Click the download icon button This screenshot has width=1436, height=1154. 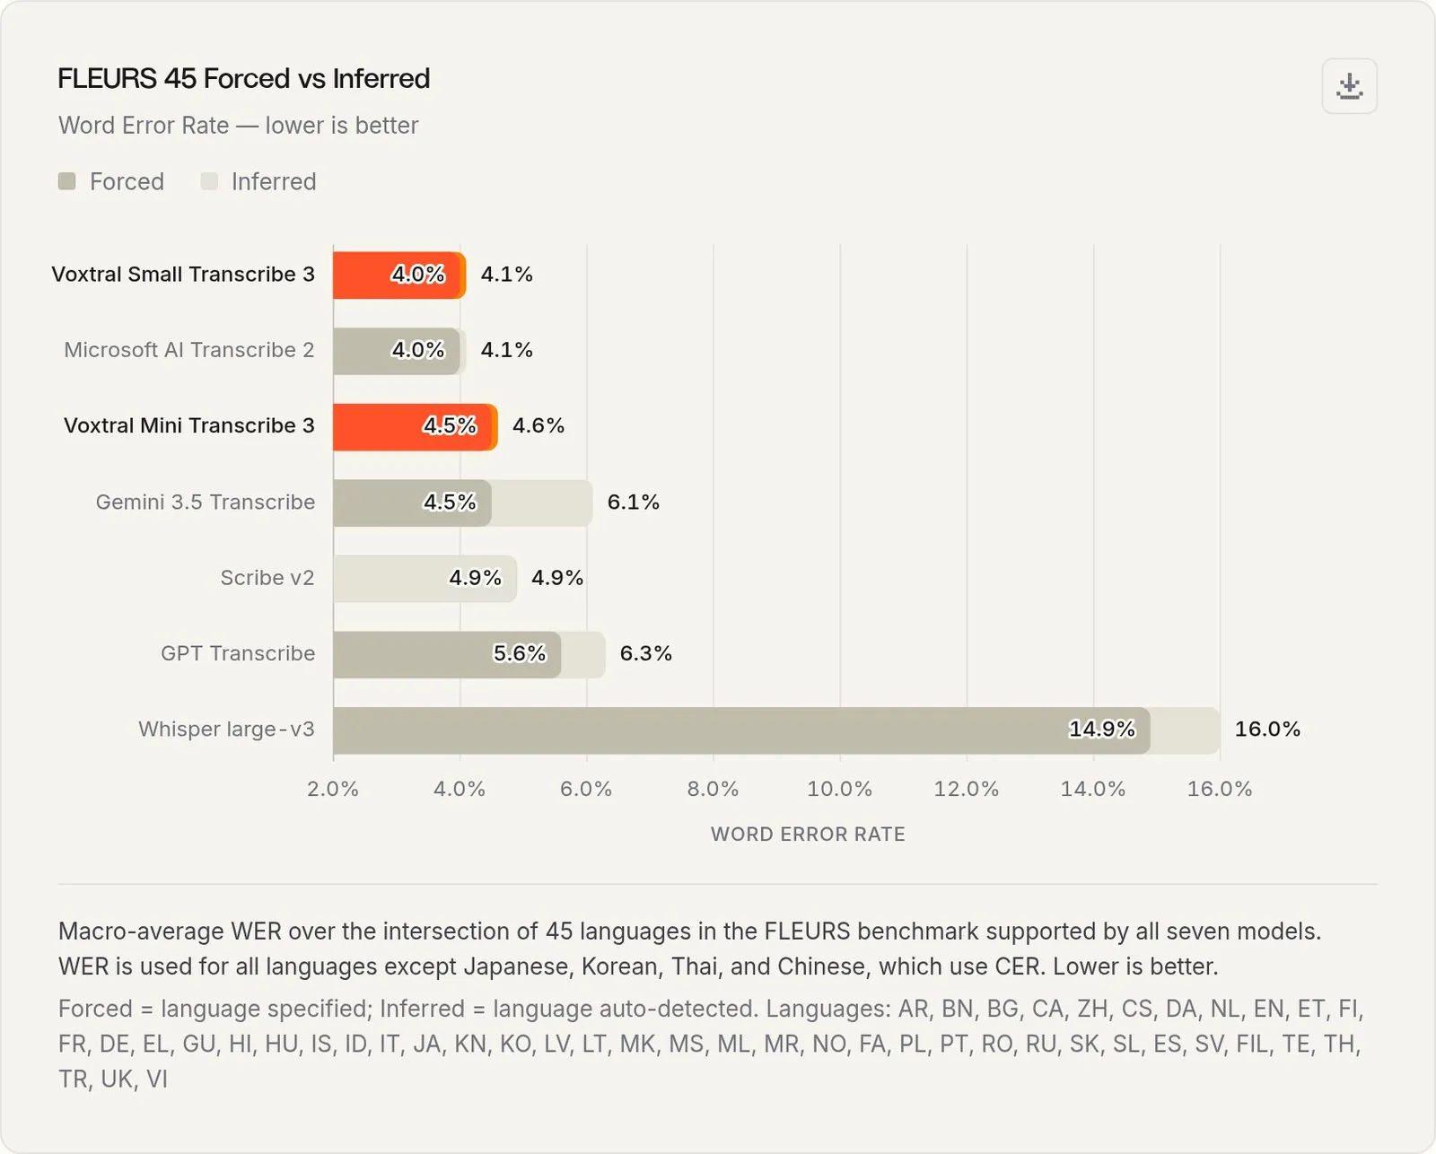click(x=1349, y=86)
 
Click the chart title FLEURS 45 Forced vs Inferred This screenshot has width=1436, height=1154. click(x=243, y=78)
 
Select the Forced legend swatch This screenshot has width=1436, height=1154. click(x=66, y=181)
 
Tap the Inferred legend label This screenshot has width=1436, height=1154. click(x=274, y=181)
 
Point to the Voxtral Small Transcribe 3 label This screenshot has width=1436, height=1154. click(x=183, y=275)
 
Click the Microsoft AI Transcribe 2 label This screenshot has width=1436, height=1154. click(x=188, y=350)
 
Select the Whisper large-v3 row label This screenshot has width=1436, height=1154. click(x=226, y=729)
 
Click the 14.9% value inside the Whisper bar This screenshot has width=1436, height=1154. click(x=1102, y=729)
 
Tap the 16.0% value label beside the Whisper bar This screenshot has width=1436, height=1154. click(x=1267, y=729)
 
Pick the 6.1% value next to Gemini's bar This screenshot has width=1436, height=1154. click(x=634, y=502)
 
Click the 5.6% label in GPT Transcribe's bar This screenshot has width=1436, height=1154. click(x=519, y=653)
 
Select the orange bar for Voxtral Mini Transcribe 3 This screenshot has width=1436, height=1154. click(x=415, y=427)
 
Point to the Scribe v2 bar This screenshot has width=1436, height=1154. click(x=425, y=578)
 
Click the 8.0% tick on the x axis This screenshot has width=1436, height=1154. click(x=713, y=789)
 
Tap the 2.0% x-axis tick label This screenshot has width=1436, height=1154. click(x=332, y=789)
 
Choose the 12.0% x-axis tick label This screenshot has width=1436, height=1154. click(x=967, y=789)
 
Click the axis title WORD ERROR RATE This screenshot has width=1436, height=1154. click(x=808, y=835)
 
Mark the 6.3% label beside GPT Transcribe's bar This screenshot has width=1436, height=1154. click(x=646, y=653)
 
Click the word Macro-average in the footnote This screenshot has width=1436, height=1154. click(x=141, y=931)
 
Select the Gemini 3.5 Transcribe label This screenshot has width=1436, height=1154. click(x=205, y=502)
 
